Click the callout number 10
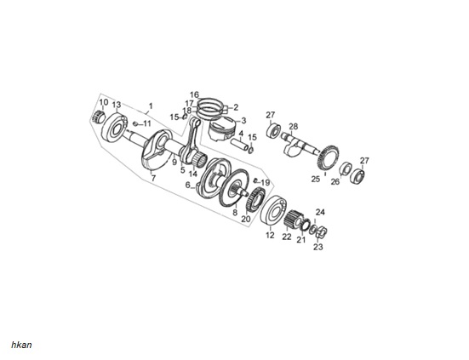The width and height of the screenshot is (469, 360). pyautogui.click(x=104, y=102)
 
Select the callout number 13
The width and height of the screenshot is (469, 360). pyautogui.click(x=117, y=105)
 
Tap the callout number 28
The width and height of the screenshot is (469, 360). pyautogui.click(x=294, y=127)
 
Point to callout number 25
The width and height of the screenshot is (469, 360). pyautogui.click(x=316, y=180)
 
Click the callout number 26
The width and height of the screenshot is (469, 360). pyautogui.click(x=335, y=181)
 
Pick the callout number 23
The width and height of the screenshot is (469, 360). pyautogui.click(x=318, y=247)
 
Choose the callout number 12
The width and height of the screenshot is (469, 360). pyautogui.click(x=270, y=235)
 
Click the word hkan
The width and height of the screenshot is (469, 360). pyautogui.click(x=21, y=345)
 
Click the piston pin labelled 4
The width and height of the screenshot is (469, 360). pyautogui.click(x=239, y=144)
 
